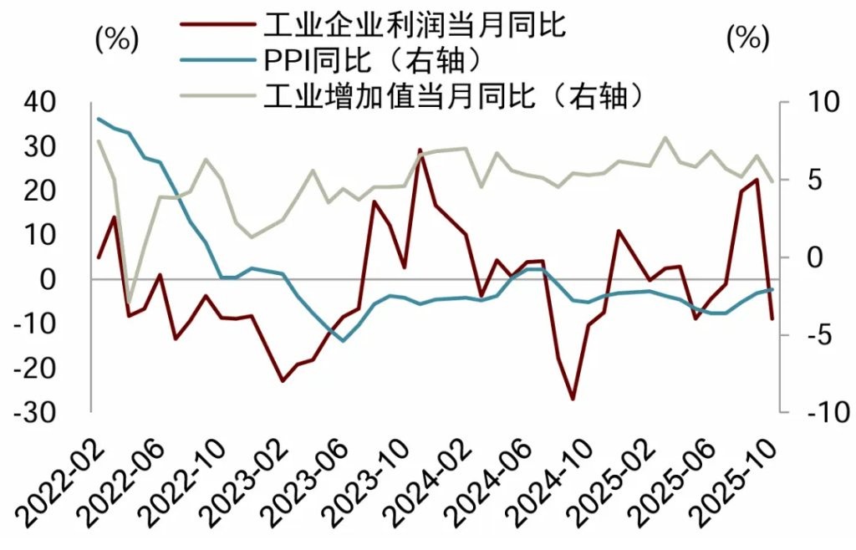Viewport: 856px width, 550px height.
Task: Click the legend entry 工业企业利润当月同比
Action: (414, 24)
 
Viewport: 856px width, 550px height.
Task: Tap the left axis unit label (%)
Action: (116, 38)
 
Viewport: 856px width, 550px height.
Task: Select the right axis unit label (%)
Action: (746, 38)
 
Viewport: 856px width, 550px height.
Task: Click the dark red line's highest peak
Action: (420, 150)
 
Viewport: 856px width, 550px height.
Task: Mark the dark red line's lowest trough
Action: (573, 399)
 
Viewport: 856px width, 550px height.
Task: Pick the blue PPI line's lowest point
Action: (343, 340)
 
